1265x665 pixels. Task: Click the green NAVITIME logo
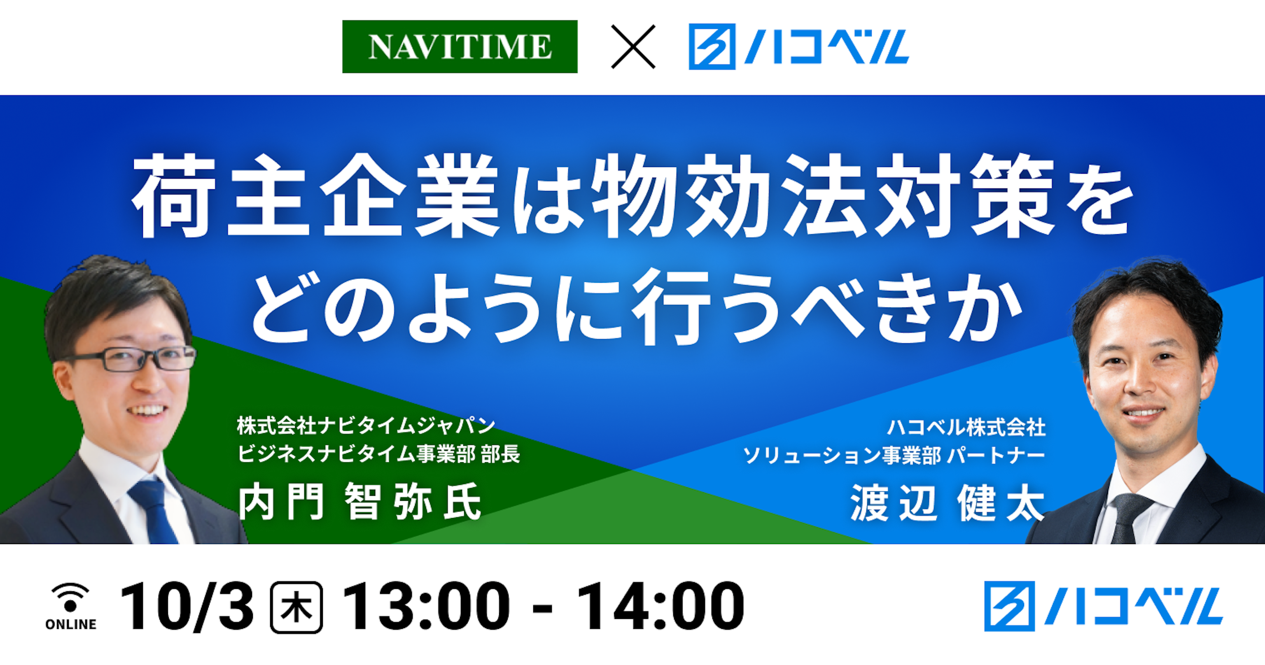pyautogui.click(x=460, y=47)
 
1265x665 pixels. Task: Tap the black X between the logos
pyautogui.click(x=633, y=47)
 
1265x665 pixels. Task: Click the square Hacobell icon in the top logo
pyautogui.click(x=712, y=47)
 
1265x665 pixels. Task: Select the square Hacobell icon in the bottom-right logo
pyautogui.click(x=1009, y=606)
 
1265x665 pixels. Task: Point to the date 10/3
pyautogui.click(x=187, y=607)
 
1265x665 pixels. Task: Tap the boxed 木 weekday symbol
pyautogui.click(x=296, y=607)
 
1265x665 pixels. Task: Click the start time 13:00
pyautogui.click(x=426, y=607)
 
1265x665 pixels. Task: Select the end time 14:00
pyautogui.click(x=660, y=607)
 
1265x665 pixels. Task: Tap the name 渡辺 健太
pyautogui.click(x=947, y=503)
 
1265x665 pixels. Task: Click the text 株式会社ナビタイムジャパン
pyautogui.click(x=366, y=426)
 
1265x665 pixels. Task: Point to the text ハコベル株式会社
pyautogui.click(x=966, y=428)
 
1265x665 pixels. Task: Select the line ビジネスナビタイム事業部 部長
pyautogui.click(x=378, y=454)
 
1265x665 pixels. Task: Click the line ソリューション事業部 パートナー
pyautogui.click(x=894, y=456)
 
